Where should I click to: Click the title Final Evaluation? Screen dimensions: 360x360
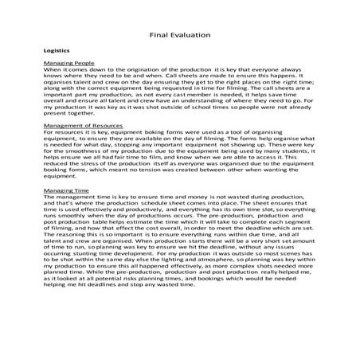[179, 35]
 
